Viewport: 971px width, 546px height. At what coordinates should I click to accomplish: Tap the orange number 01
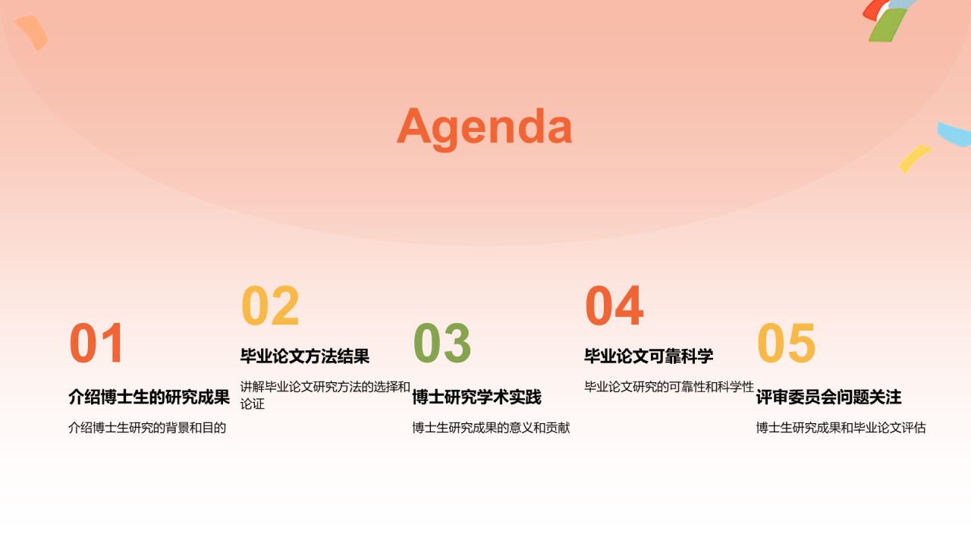point(96,343)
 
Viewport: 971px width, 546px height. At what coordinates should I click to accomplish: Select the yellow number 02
point(270,306)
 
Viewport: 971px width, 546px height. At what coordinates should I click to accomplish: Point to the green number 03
point(442,343)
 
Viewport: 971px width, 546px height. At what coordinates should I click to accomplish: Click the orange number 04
point(614,306)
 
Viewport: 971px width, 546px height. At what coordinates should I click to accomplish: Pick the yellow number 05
point(786,343)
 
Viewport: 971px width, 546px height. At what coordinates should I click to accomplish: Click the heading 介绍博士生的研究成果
point(149,397)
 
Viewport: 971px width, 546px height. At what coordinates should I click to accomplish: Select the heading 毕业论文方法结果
point(305,356)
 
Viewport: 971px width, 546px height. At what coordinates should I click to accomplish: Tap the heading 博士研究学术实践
point(477,397)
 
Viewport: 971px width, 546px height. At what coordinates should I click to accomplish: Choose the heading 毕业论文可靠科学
point(649,356)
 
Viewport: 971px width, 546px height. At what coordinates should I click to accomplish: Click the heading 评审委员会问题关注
point(829,397)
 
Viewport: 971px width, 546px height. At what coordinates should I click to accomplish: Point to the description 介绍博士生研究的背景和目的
point(147,428)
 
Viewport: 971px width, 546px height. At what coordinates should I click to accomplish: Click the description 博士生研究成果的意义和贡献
point(491,428)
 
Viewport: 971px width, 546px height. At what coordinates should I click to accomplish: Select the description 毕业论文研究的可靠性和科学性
point(669,387)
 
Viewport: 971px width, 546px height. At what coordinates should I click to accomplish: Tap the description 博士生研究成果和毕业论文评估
point(841,428)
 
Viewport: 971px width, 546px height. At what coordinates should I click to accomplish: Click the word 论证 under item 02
point(253,404)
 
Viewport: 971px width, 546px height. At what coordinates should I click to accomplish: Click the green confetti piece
point(887,26)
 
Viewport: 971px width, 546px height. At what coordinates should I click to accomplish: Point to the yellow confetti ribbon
point(914,158)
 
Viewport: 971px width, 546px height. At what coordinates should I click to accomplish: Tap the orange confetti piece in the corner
point(33,33)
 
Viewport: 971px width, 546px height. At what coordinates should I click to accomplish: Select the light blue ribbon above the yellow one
point(954,134)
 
